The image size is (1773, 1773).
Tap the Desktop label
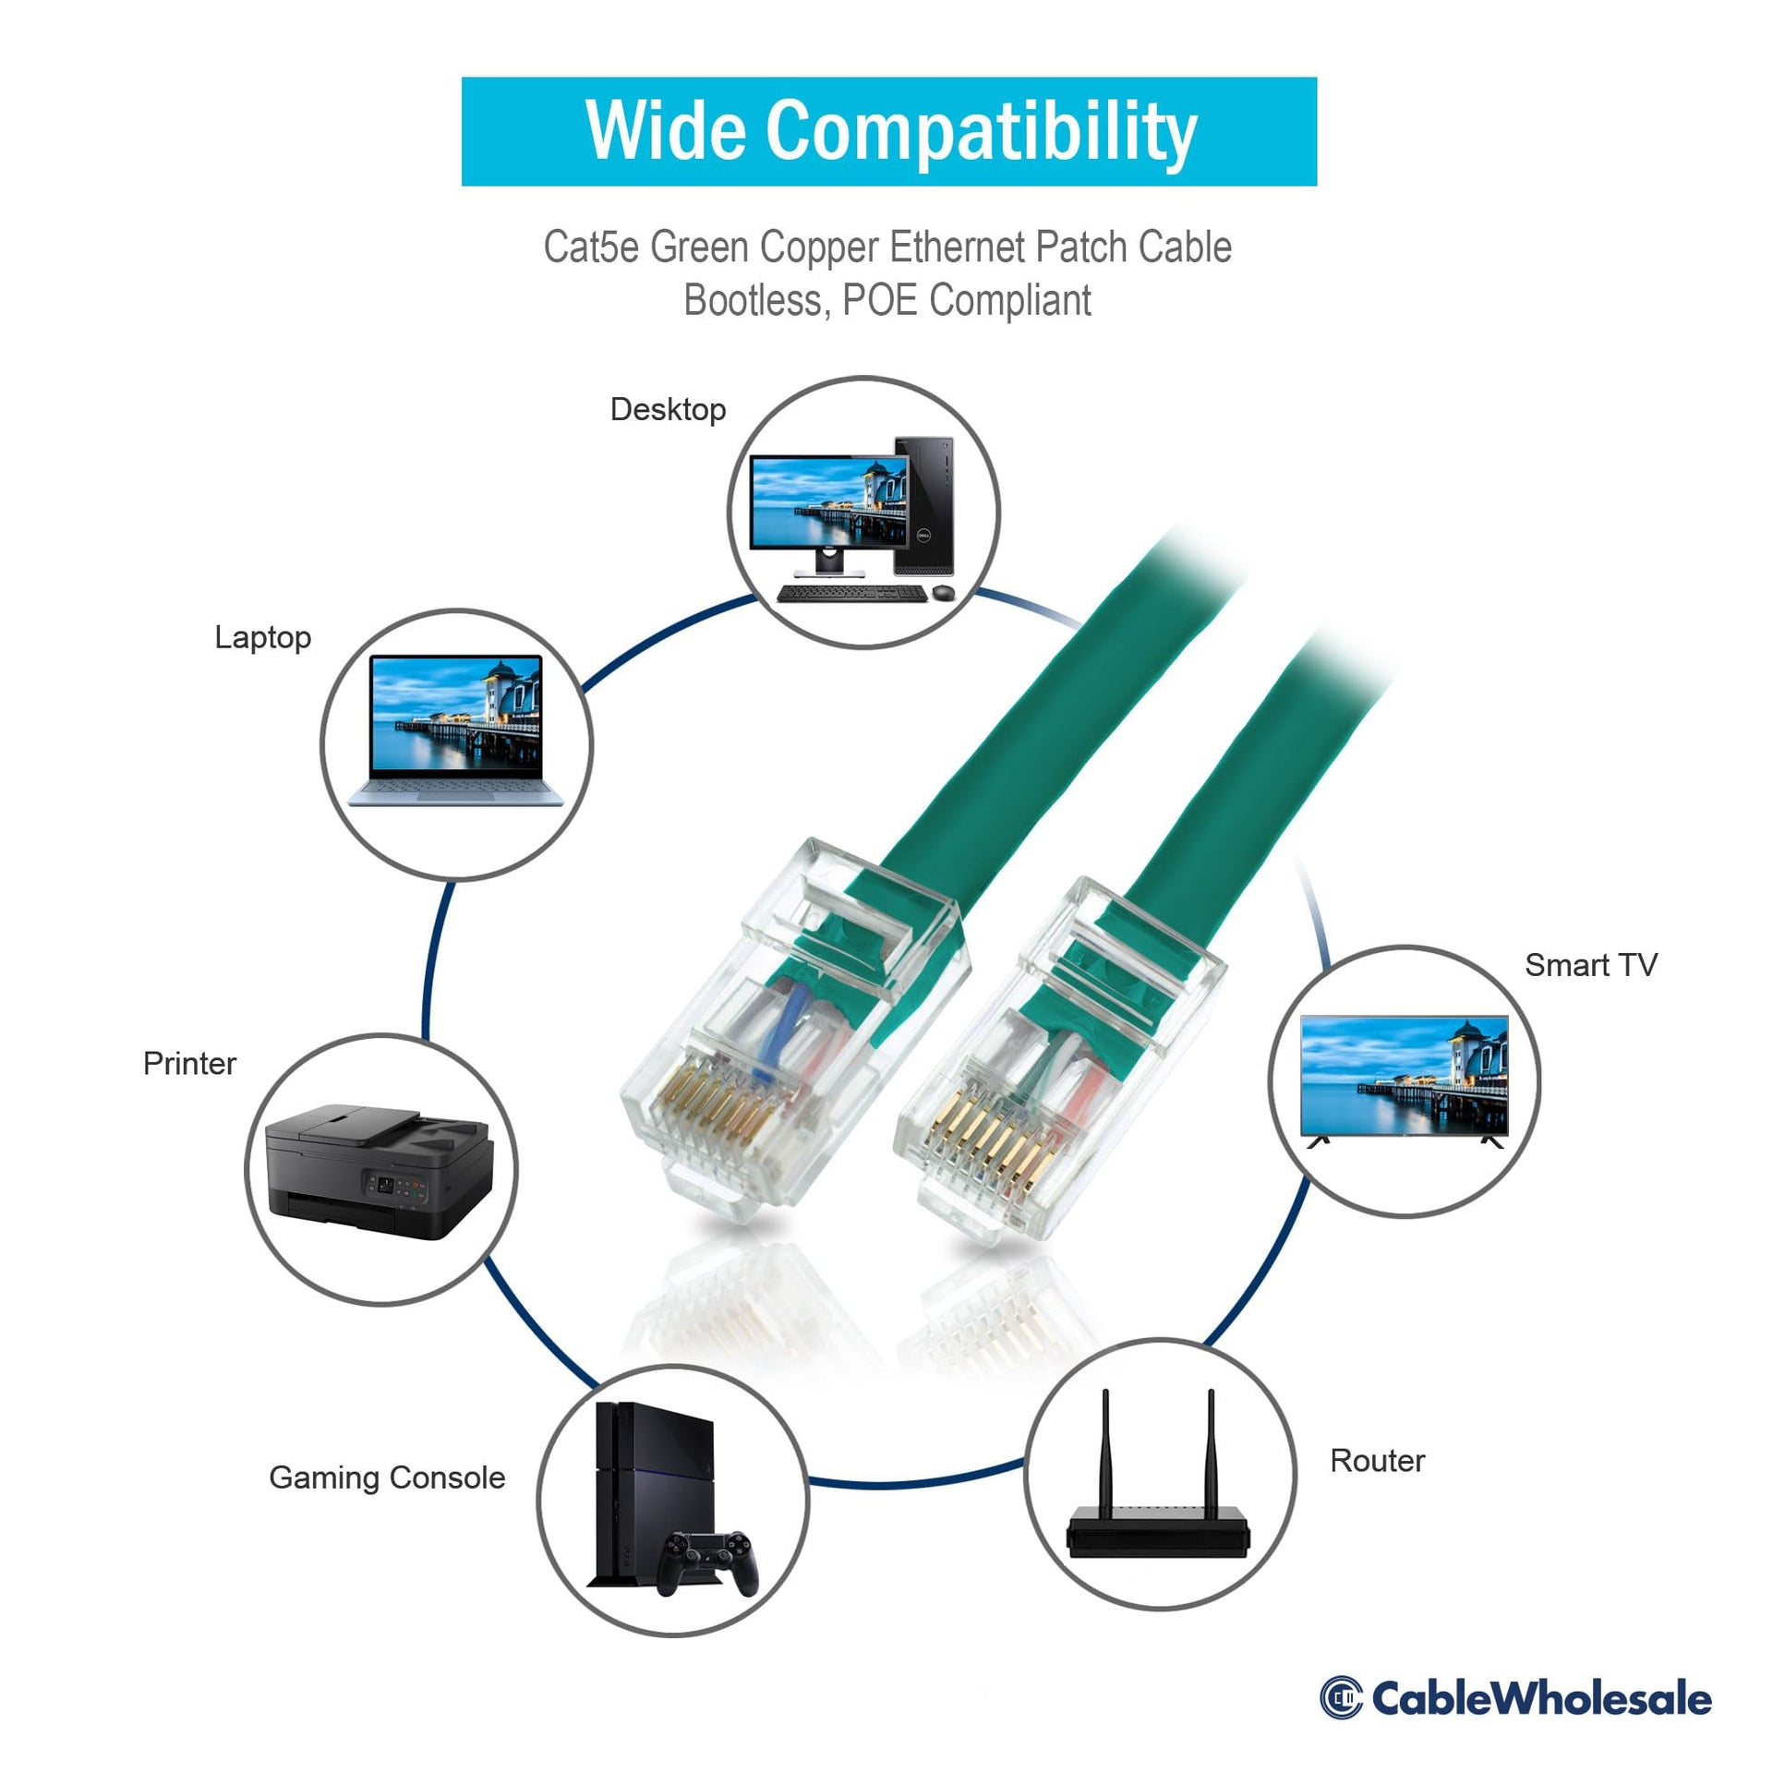point(668,410)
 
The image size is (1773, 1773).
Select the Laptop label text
point(262,638)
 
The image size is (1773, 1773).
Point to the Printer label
point(189,1063)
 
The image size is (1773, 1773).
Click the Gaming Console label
point(387,1477)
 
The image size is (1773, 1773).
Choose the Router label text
point(1377,1461)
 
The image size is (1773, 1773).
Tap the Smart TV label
point(1590,965)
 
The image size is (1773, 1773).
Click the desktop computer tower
point(923,505)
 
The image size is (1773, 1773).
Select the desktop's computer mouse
point(942,592)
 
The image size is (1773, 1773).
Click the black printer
point(379,1172)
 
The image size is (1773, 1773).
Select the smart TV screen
point(1404,1075)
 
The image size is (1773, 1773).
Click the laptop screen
point(456,717)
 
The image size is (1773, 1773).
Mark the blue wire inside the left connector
point(776,1025)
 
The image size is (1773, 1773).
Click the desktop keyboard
point(837,594)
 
